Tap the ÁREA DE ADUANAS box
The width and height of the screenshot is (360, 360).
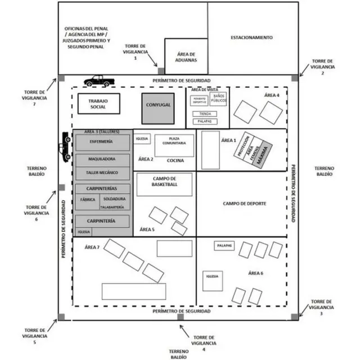pyautogui.click(x=185, y=56)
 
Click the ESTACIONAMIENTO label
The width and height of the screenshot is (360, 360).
pyautogui.click(x=251, y=38)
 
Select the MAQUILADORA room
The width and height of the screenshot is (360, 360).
pyautogui.click(x=101, y=159)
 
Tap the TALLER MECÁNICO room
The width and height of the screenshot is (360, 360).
pyautogui.click(x=101, y=174)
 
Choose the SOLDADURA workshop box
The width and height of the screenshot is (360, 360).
pyautogui.click(x=115, y=199)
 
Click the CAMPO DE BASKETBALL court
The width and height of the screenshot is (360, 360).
pyautogui.click(x=164, y=184)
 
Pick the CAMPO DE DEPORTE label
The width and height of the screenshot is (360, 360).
pyautogui.click(x=244, y=204)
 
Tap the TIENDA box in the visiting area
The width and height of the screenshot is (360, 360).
pyautogui.click(x=205, y=114)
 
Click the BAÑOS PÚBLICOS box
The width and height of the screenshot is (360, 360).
pyautogui.click(x=219, y=100)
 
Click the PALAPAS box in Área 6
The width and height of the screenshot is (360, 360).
pyautogui.click(x=224, y=246)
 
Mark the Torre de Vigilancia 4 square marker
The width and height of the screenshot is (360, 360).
pyautogui.click(x=180, y=318)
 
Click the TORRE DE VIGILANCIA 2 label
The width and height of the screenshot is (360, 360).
pyautogui.click(x=322, y=66)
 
